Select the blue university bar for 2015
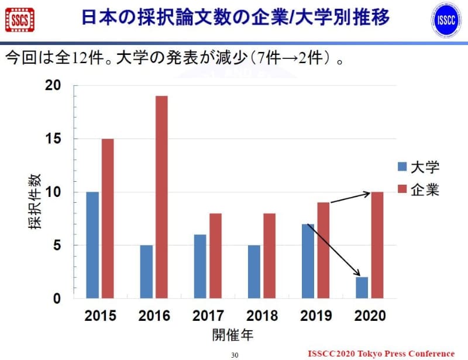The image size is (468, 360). pyautogui.click(x=92, y=245)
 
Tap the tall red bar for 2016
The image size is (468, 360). pyautogui.click(x=161, y=197)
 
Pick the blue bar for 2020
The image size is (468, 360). pyautogui.click(x=362, y=288)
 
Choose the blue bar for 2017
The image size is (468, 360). pyautogui.click(x=200, y=266)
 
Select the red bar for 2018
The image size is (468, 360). pyautogui.click(x=269, y=255)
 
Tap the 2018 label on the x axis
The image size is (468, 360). pyautogui.click(x=261, y=316)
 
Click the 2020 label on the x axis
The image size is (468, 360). pyautogui.click(x=370, y=316)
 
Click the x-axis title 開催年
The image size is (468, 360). pyautogui.click(x=232, y=336)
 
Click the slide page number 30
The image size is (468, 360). pyautogui.click(x=235, y=355)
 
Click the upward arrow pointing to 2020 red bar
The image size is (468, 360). pyautogui.click(x=350, y=198)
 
